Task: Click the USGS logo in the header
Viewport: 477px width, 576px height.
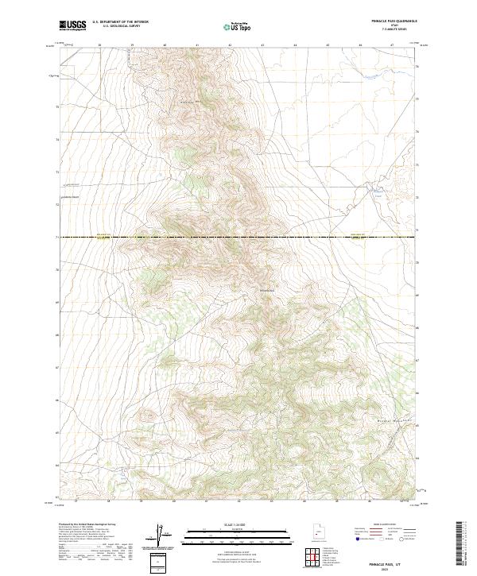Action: (x=72, y=26)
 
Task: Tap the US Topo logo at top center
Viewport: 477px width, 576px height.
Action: (x=238, y=26)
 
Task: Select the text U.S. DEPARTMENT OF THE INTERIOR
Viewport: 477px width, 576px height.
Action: (x=121, y=22)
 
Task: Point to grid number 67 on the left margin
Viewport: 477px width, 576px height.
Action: (x=57, y=368)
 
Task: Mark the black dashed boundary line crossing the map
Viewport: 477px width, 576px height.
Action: (x=238, y=238)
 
